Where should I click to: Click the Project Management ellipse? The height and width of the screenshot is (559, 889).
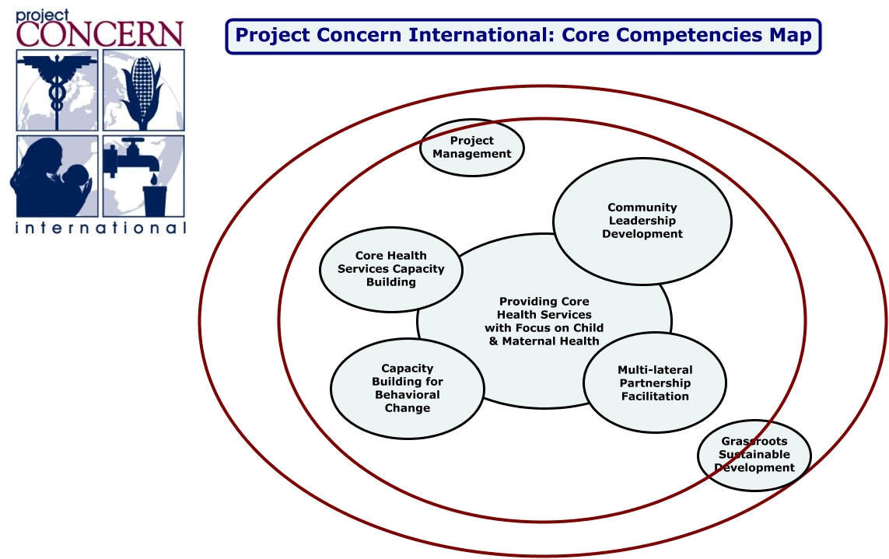coord(472,147)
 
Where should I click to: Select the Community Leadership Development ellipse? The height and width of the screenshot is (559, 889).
coord(642,221)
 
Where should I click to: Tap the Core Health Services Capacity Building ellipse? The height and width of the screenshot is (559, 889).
coord(391,269)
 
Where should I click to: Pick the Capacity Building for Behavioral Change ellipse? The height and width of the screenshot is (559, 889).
coord(407,389)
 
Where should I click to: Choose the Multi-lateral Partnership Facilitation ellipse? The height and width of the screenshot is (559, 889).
coord(655,383)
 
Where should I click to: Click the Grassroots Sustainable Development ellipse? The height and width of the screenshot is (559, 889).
coord(754,455)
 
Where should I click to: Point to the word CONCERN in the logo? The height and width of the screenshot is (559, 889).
coord(99,34)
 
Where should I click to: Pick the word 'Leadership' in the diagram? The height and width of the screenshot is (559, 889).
coord(642,221)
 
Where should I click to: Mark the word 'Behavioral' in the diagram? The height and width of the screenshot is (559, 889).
coord(407,395)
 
